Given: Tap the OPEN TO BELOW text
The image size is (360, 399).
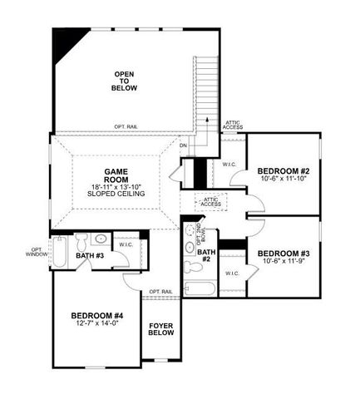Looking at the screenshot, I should (x=125, y=81).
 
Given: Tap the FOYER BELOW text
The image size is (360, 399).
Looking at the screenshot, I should (x=160, y=328).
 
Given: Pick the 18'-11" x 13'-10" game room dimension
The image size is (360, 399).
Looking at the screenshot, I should (x=116, y=186).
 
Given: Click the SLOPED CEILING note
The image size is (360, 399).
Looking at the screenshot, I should (x=116, y=194).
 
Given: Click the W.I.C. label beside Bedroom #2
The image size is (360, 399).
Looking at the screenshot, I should (x=229, y=165).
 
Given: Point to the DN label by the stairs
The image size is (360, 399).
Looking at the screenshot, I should (x=184, y=146).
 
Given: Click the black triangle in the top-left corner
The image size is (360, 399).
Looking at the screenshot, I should (x=64, y=43).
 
